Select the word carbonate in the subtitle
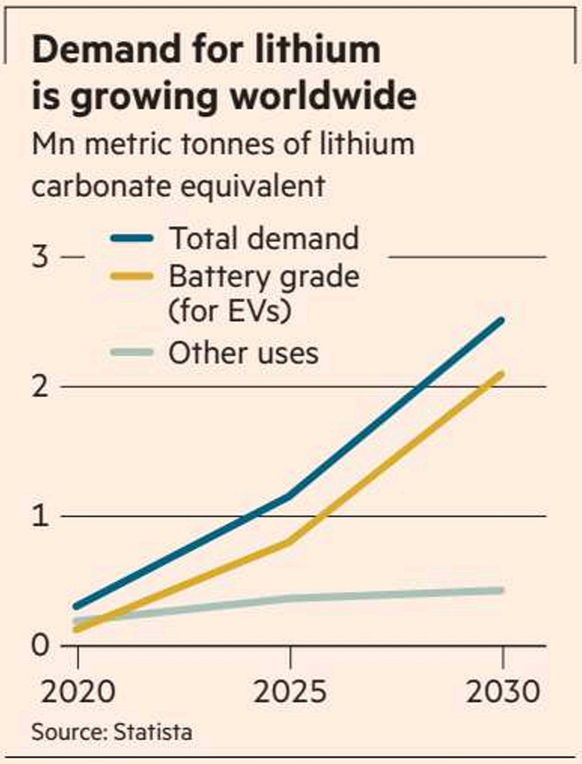(x=95, y=186)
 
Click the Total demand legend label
(x=264, y=238)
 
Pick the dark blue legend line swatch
(x=132, y=239)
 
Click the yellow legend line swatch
(x=132, y=276)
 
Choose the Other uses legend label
(x=243, y=353)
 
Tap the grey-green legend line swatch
(x=132, y=353)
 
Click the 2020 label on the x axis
(x=78, y=692)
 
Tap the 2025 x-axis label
(x=290, y=692)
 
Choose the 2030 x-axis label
(x=502, y=692)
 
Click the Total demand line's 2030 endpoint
(x=501, y=320)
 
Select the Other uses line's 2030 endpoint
(x=501, y=590)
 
